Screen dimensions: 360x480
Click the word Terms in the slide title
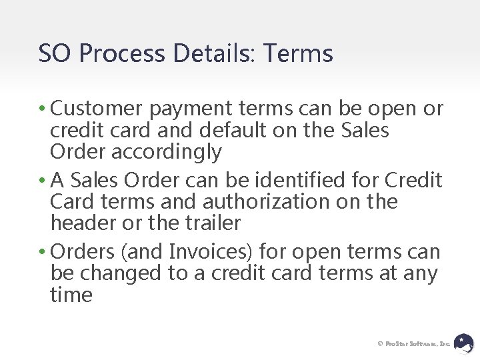pos(298,53)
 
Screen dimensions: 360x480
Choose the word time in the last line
pos(71,295)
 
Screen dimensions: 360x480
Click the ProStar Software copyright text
pos(414,343)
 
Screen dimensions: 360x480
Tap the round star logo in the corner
pos(464,343)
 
